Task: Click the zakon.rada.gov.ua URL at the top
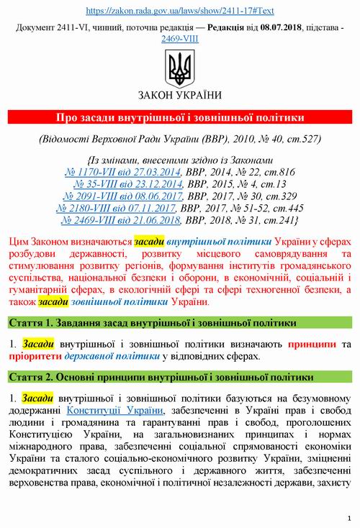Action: (x=180, y=12)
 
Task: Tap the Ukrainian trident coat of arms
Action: (x=180, y=69)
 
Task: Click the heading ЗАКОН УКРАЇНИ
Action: (x=180, y=95)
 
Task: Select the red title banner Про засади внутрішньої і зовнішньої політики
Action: (x=180, y=117)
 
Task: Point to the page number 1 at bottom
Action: (x=348, y=517)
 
